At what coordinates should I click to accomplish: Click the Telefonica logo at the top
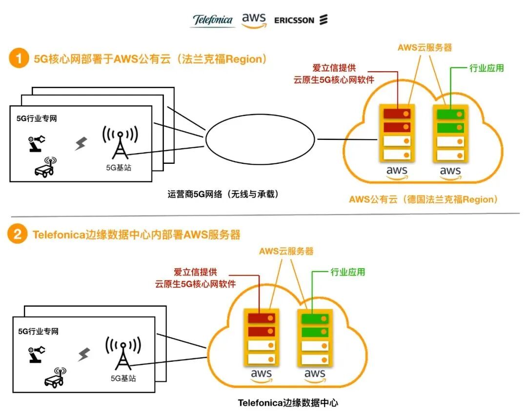(213, 20)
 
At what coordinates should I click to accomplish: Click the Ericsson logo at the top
(301, 20)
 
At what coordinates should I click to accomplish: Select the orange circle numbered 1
(19, 59)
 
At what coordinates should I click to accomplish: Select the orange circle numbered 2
(19, 235)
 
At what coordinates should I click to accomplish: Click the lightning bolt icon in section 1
(81, 143)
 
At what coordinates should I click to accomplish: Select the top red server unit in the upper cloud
(397, 114)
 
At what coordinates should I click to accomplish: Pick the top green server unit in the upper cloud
(450, 114)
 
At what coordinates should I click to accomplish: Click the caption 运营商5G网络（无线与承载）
(223, 194)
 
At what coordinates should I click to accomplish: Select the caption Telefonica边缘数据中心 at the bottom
(288, 403)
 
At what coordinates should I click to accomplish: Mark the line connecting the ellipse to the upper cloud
(347, 140)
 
